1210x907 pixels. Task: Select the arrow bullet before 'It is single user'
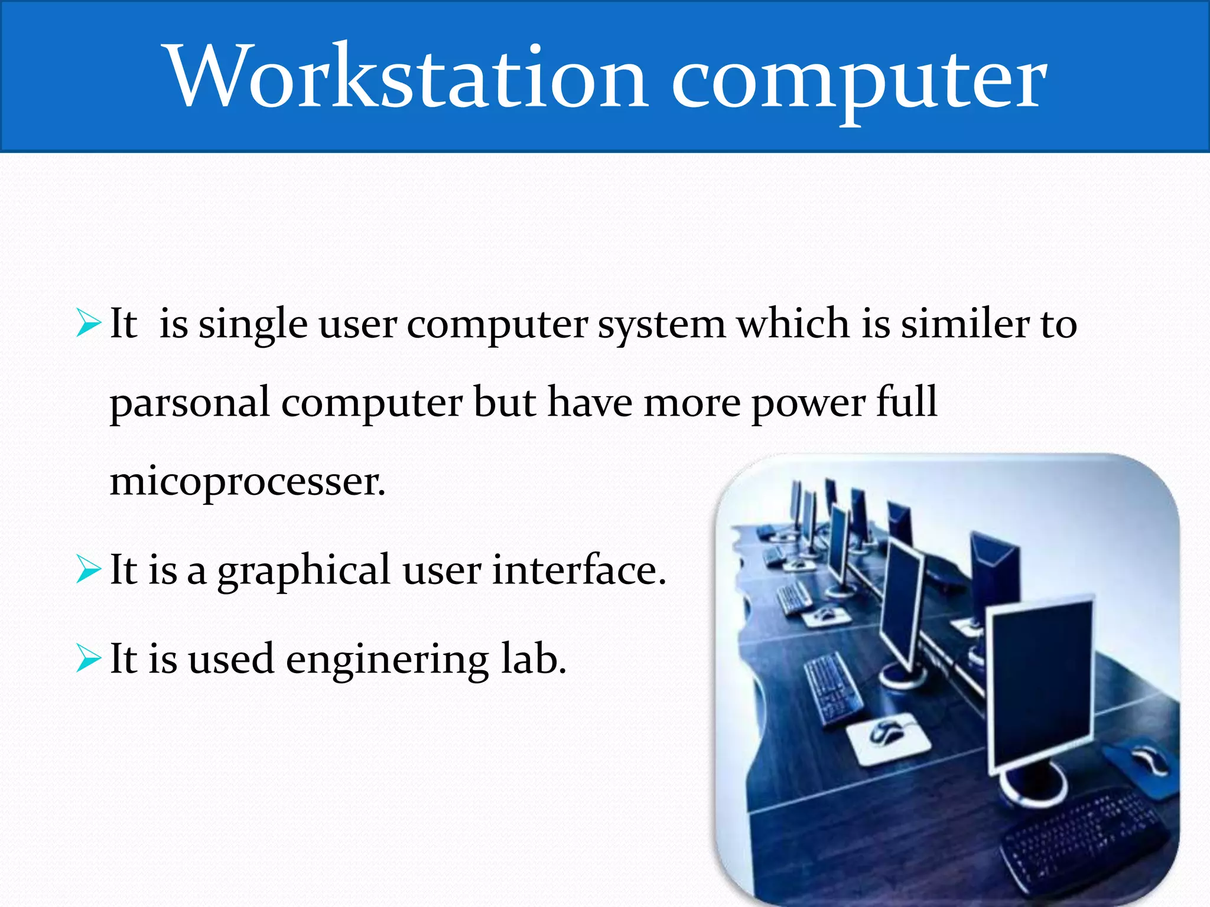[x=89, y=324]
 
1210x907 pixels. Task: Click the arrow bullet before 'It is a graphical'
[x=89, y=570]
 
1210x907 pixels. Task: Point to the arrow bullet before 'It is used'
[x=89, y=659]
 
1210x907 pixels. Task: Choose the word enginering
[x=387, y=661]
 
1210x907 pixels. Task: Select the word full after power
[x=907, y=402]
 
